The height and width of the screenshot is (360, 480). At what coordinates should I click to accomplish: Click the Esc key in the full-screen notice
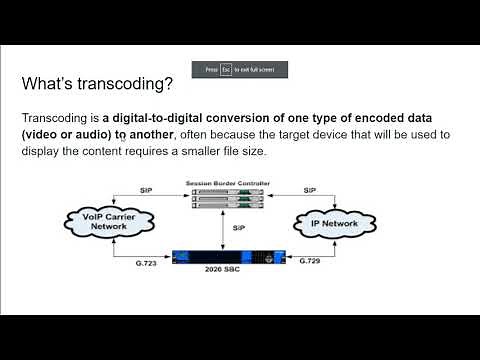tap(227, 70)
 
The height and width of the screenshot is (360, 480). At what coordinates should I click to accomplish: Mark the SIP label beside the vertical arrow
tap(238, 227)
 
